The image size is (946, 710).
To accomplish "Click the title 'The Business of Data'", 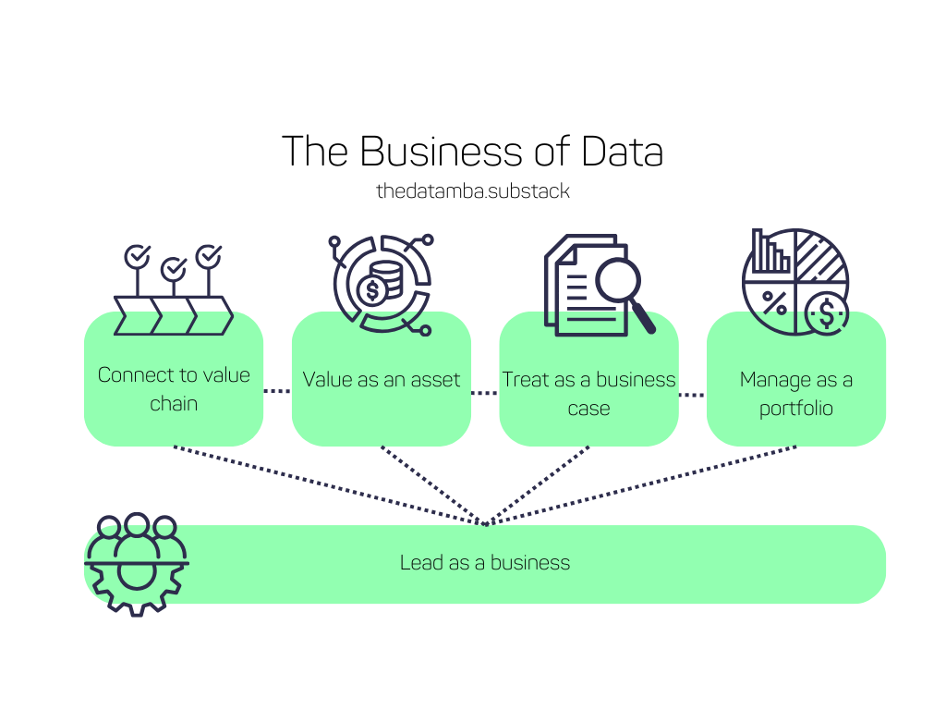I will pos(472,152).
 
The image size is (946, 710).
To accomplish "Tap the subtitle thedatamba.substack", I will pos(472,191).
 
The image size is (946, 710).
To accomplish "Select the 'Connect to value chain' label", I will pos(174,389).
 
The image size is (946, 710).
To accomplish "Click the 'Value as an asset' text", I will pos(382,379).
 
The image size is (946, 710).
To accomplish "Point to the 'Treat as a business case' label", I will pos(588,393).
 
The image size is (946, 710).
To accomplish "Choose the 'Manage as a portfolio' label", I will pos(795,394).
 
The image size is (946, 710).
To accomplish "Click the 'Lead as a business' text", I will pos(485,562).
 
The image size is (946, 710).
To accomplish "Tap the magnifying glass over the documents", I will pos(618,280).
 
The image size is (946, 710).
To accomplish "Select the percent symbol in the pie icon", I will pos(773,302).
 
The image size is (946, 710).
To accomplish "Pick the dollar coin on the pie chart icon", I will pos(825,313).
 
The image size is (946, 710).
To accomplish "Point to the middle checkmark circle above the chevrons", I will pos(174,269).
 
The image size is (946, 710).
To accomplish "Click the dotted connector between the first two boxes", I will pos(277,391).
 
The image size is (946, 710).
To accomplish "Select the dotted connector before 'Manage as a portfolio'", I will pos(692,395).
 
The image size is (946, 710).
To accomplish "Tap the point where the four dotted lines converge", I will pos(486,524).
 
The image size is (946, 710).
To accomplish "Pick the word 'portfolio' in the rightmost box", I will pos(795,409).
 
